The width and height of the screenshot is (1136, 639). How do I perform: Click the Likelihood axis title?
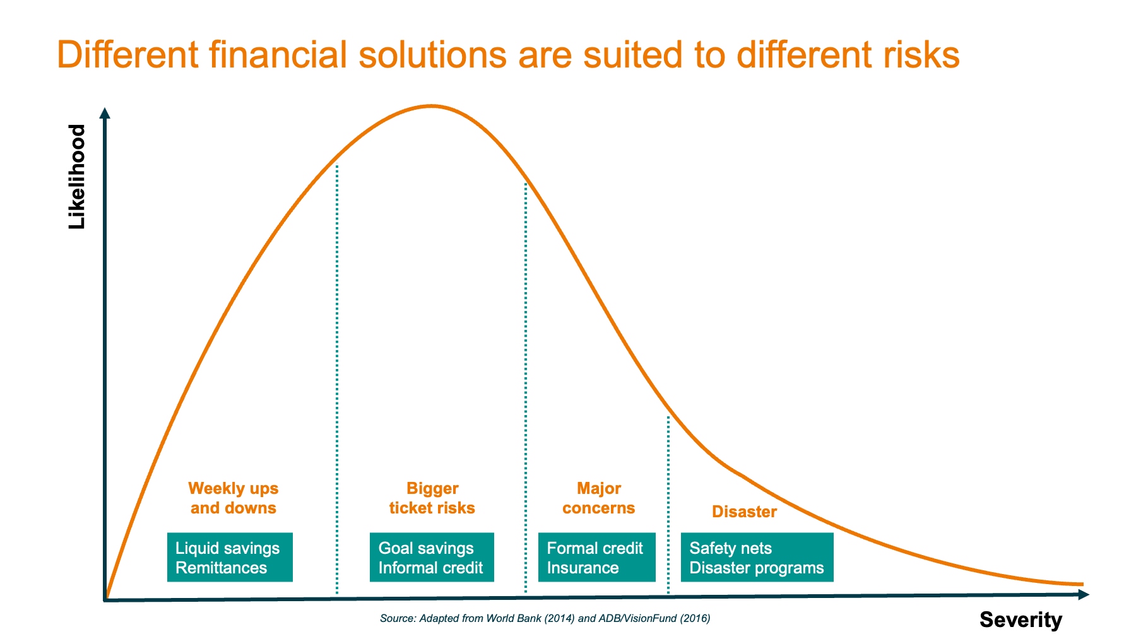coord(76,177)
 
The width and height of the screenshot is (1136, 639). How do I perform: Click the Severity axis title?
coord(1021,620)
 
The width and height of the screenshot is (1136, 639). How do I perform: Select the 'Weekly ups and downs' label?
coord(234,498)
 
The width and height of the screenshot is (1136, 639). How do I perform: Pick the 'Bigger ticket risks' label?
coord(432,498)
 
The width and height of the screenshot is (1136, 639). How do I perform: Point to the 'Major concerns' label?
coord(599,498)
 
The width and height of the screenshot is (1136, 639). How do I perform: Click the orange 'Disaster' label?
coord(744,512)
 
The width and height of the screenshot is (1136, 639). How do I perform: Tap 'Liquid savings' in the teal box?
coord(227,548)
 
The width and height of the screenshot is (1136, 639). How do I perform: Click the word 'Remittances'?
coord(221,568)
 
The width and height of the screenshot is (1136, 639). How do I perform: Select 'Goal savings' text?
coord(426,548)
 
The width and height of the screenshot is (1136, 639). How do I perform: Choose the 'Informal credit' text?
coord(430,568)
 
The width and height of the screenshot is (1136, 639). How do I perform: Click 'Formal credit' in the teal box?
coord(595,548)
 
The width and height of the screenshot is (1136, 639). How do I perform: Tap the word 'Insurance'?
coord(583,568)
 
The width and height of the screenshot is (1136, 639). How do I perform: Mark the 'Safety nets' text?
coord(730,548)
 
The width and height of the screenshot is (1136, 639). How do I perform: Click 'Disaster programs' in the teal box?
coord(756,568)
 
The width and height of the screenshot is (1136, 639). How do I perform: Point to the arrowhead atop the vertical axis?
coord(105,113)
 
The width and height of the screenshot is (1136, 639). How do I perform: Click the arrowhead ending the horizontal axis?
coord(1084,594)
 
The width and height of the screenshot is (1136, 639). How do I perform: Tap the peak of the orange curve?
coord(432,106)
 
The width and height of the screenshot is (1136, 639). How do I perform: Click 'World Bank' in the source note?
coord(510,618)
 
